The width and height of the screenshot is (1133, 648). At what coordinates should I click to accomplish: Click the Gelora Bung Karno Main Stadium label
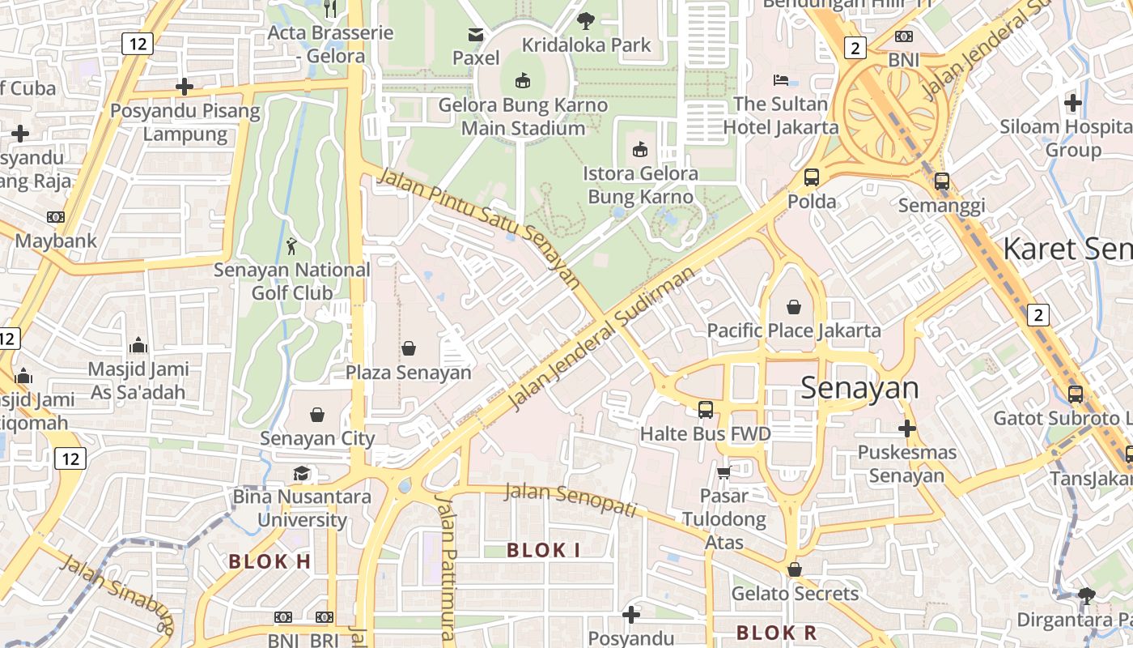click(523, 117)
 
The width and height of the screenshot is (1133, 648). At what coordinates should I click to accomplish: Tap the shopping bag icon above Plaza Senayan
click(409, 348)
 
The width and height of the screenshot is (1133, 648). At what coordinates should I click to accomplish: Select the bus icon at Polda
click(811, 177)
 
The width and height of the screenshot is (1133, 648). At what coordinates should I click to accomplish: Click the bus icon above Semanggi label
click(941, 181)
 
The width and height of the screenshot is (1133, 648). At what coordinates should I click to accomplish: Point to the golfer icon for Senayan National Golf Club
click(292, 245)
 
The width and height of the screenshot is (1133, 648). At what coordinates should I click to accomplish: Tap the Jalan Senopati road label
click(571, 499)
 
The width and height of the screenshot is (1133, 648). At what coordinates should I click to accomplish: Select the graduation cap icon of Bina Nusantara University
click(301, 473)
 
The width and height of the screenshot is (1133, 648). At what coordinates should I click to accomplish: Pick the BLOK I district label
click(543, 551)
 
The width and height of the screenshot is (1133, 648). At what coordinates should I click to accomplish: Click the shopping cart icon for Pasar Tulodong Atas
click(724, 471)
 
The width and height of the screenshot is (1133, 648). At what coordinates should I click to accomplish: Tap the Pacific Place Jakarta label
click(794, 330)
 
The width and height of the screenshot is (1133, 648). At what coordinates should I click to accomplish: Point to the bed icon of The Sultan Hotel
click(781, 80)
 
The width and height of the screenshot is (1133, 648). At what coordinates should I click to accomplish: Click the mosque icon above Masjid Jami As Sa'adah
click(138, 345)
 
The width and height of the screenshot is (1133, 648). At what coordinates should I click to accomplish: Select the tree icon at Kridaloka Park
click(586, 21)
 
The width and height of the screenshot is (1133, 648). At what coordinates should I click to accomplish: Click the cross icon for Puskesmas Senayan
click(906, 428)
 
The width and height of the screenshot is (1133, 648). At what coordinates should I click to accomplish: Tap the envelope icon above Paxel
click(475, 35)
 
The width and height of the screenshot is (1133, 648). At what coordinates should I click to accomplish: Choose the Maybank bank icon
click(55, 217)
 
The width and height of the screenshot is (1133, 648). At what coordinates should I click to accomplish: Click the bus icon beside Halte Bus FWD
click(706, 410)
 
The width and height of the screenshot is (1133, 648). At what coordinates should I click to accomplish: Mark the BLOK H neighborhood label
click(269, 561)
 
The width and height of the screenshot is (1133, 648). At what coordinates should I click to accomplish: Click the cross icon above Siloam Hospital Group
click(1073, 103)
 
